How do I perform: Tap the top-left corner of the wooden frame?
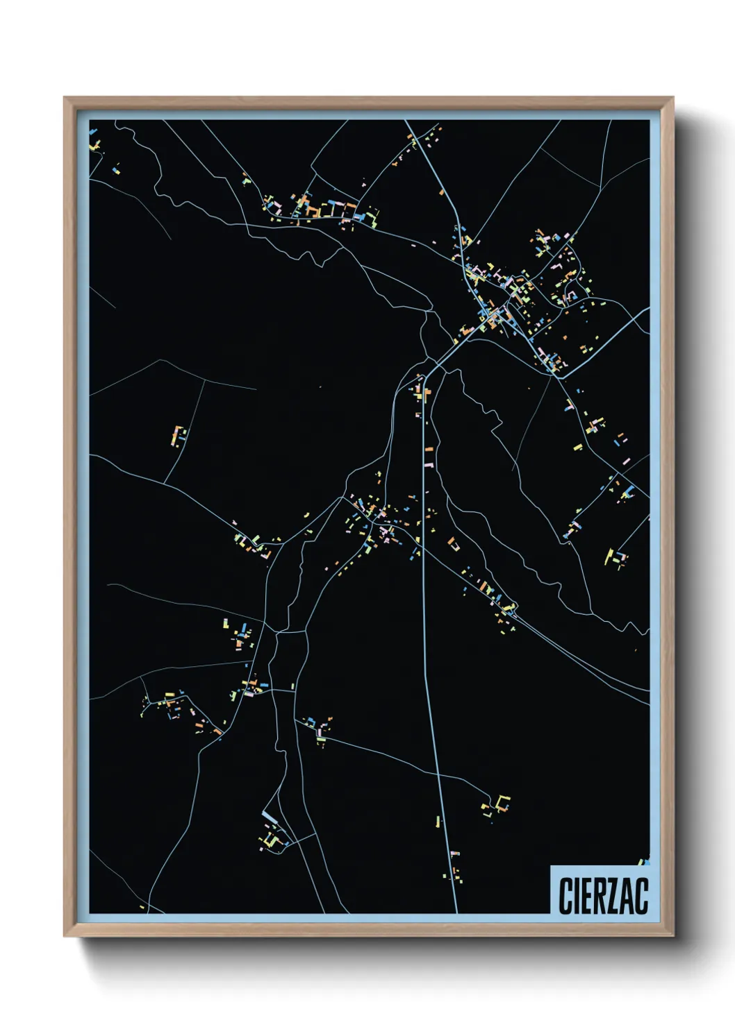tap(65, 99)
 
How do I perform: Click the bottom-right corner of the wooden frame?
tap(672, 935)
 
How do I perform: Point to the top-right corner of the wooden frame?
tap(672, 99)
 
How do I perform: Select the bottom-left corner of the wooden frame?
tap(65, 935)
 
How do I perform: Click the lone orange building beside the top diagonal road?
tap(440, 192)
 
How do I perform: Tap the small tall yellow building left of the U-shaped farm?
tap(438, 822)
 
